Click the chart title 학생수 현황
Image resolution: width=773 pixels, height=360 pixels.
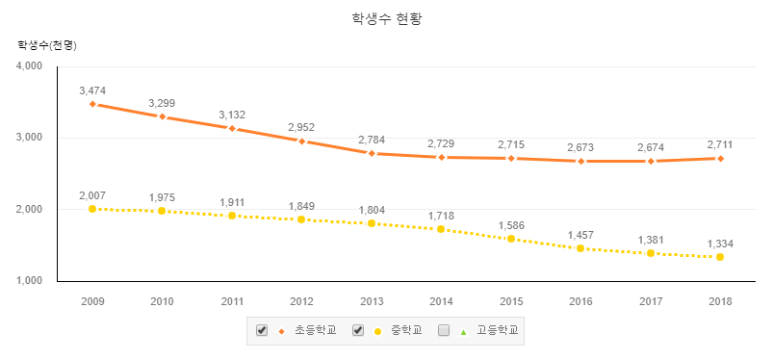click(387, 19)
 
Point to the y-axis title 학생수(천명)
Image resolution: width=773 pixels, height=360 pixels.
click(47, 46)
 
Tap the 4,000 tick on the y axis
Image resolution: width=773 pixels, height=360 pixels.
click(30, 66)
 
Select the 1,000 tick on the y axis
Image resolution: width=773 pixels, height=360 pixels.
click(30, 281)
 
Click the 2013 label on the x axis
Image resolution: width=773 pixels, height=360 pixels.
click(372, 301)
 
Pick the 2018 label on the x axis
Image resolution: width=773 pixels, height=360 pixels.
click(720, 301)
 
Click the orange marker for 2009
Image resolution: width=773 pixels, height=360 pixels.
click(92, 104)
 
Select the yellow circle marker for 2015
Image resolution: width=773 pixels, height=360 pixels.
click(511, 239)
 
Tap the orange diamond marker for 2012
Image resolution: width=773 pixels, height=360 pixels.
click(301, 141)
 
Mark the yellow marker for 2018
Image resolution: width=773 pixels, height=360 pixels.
click(720, 257)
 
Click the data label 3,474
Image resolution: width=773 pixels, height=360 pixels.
click(92, 90)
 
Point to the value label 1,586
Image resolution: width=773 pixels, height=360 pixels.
click(511, 225)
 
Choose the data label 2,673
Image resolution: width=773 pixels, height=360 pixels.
click(580, 147)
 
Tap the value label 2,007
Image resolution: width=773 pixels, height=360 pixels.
click(92, 195)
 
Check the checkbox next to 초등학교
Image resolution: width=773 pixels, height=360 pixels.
click(262, 330)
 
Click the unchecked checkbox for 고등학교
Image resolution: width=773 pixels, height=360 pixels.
click(444, 330)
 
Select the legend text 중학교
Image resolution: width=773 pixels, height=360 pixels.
click(406, 330)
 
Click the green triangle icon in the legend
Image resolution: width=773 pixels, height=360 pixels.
click(463, 332)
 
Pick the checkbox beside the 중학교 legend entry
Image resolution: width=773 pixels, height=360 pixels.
click(358, 330)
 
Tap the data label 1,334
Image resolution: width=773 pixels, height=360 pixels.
click(720, 244)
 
